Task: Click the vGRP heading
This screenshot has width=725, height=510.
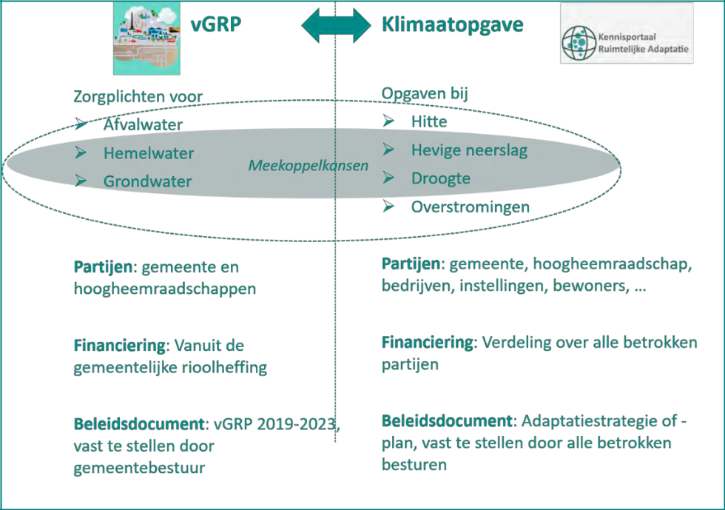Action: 216,25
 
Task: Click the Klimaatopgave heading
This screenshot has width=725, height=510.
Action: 452,25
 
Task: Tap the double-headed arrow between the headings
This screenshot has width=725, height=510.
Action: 335,26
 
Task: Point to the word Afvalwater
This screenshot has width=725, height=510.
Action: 143,124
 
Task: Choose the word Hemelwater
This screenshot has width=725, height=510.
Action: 148,153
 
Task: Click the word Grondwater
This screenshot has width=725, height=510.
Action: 147,182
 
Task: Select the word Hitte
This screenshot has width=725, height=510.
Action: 429,121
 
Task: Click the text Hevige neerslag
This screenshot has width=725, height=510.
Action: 469,150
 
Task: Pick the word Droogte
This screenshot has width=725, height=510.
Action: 440,179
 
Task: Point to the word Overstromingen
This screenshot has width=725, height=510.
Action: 471,207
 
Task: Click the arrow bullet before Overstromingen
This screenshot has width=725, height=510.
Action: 389,207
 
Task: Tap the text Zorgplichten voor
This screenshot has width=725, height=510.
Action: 138,96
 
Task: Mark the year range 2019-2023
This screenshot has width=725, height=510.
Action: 296,425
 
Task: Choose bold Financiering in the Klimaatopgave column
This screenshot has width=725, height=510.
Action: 427,343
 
